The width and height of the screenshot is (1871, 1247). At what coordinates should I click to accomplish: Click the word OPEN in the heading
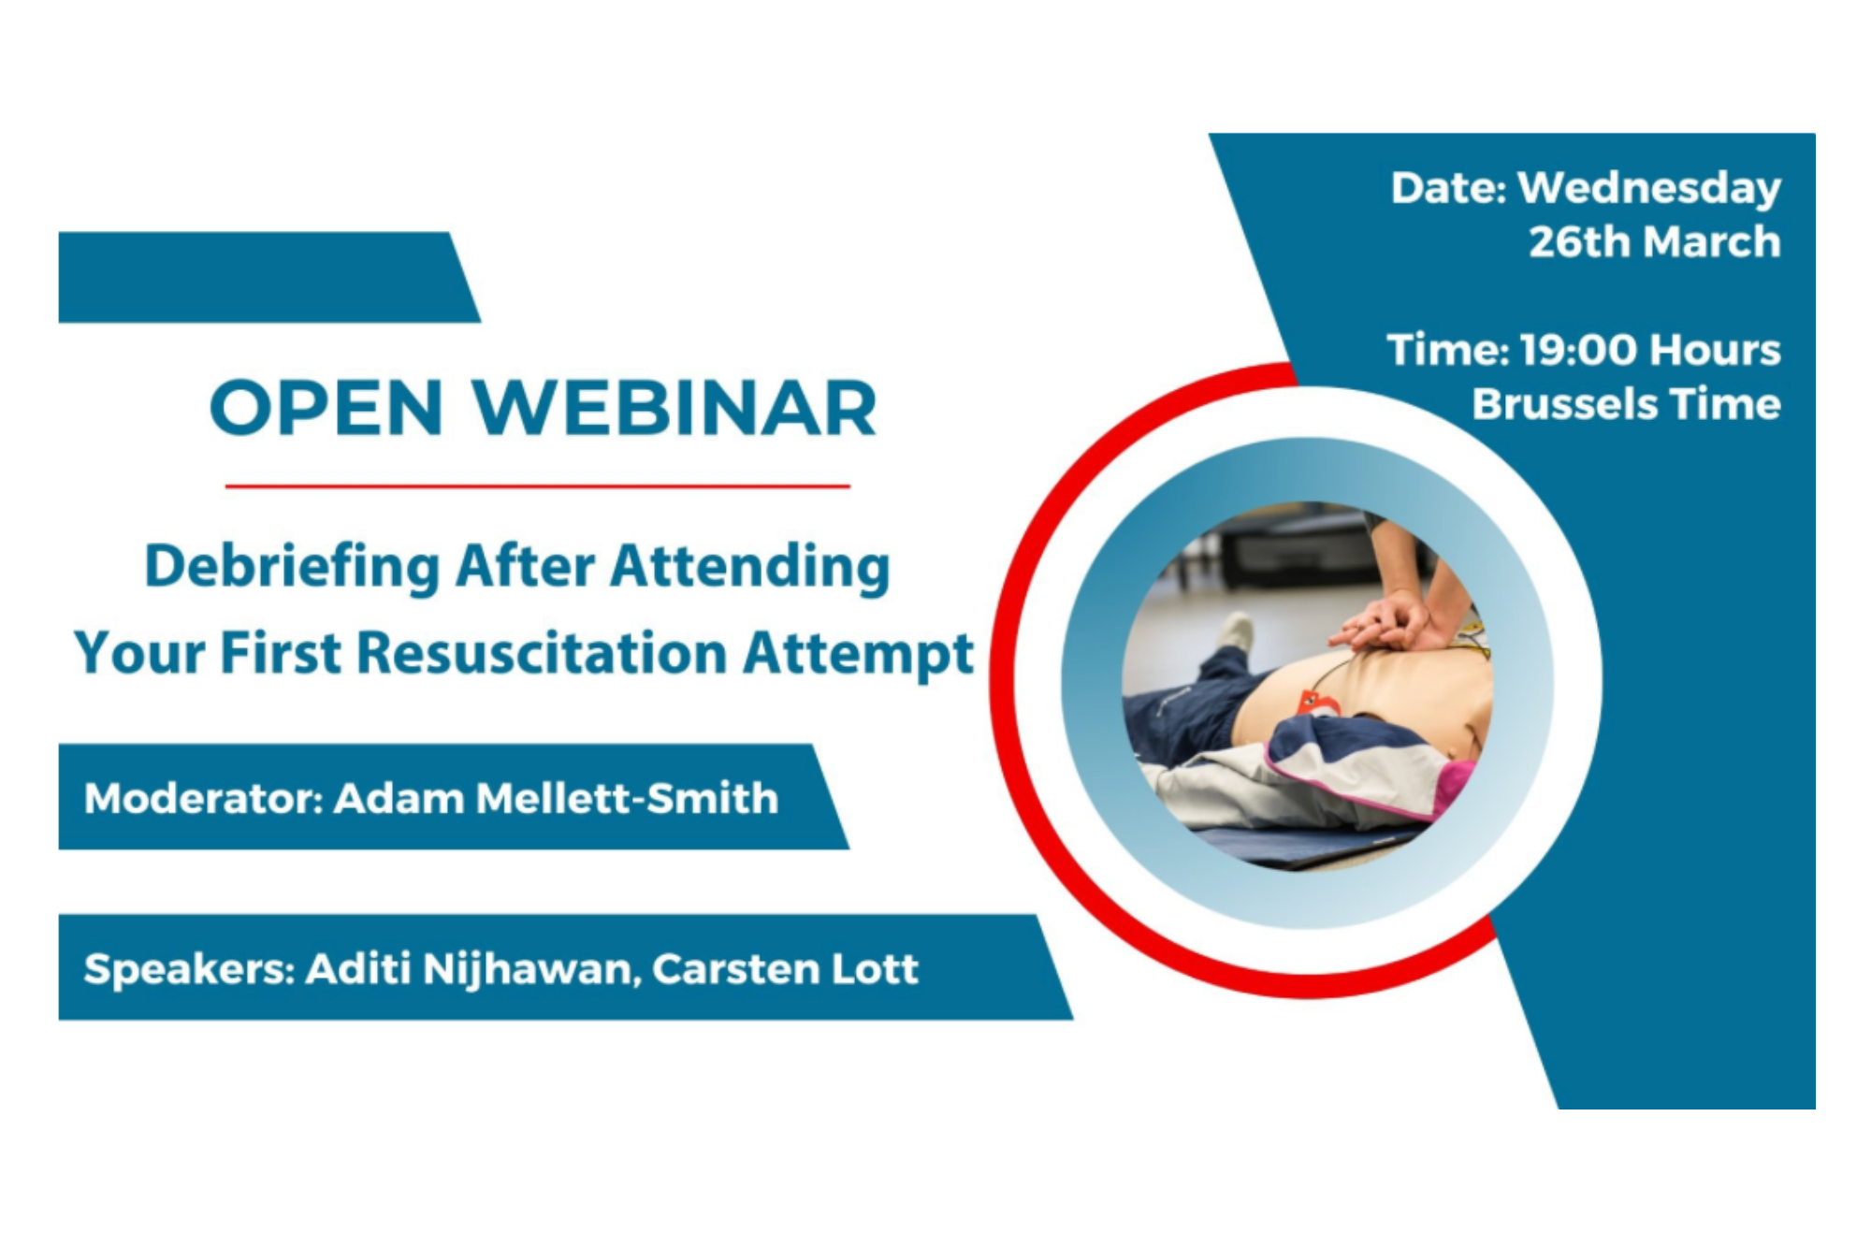326,409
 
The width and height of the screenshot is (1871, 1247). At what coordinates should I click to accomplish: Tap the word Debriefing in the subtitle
291,567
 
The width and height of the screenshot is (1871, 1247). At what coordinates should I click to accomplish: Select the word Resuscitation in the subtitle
542,652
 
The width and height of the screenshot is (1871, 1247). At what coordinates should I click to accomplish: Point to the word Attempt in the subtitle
858,654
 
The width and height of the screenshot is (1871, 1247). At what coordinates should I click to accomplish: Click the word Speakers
190,969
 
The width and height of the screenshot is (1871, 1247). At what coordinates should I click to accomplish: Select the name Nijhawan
531,969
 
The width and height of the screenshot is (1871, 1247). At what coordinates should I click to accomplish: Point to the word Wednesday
1649,189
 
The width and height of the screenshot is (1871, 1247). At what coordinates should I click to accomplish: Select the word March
1712,242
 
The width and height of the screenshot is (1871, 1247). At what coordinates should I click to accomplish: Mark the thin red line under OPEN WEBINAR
537,486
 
